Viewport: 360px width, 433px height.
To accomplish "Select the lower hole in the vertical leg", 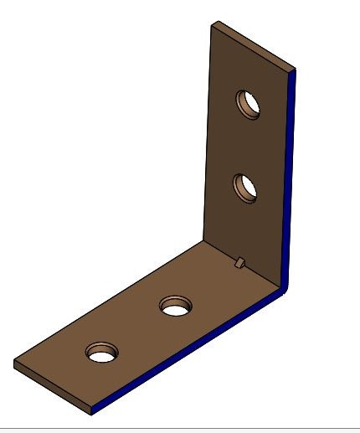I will click(245, 186).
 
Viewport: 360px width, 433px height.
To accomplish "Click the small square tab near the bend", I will click(239, 263).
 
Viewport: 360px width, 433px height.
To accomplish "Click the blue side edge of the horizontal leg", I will click(193, 353).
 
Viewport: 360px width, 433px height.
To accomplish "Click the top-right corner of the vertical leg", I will click(294, 70).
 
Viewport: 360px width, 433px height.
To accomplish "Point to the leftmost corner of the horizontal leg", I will click(14, 362).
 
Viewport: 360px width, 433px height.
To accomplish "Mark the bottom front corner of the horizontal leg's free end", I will click(91, 412).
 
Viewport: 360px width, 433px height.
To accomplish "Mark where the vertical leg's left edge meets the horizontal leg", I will click(205, 240).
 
